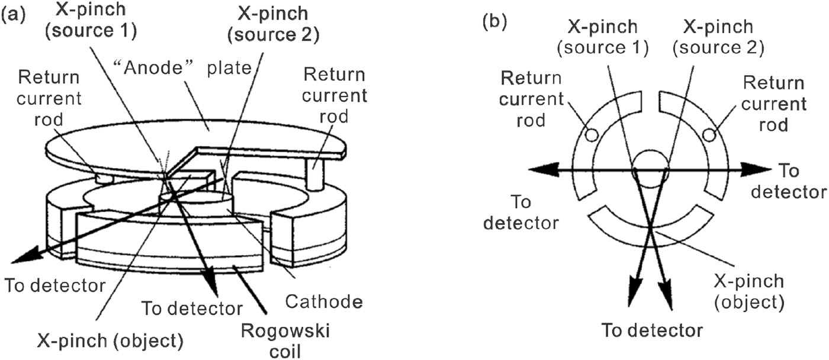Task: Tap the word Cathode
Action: [323, 302]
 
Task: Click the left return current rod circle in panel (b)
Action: [590, 135]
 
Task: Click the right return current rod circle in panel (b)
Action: [708, 135]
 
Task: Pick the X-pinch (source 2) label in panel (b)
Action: [718, 37]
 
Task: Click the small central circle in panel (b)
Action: [650, 168]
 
